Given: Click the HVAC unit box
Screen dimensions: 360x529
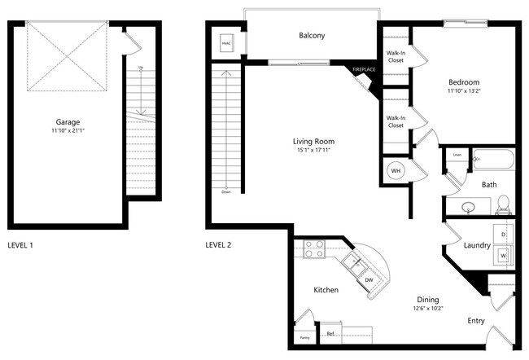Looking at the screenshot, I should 227,44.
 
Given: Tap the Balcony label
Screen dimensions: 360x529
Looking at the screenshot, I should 312,35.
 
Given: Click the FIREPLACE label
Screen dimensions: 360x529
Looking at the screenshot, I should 364,70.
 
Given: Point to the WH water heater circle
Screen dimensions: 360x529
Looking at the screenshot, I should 396,171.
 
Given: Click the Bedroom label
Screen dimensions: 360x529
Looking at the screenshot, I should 464,82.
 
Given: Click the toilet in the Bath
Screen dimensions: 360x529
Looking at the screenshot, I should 503,202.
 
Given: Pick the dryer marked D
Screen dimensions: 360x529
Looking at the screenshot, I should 504,235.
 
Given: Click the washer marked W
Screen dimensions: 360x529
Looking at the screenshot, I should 504,256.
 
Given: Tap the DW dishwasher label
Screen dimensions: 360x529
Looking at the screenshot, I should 369,280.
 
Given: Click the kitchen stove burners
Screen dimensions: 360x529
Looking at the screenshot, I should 314,248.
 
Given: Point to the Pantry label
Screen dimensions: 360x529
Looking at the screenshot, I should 304,337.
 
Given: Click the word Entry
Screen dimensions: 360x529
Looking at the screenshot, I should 477,321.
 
